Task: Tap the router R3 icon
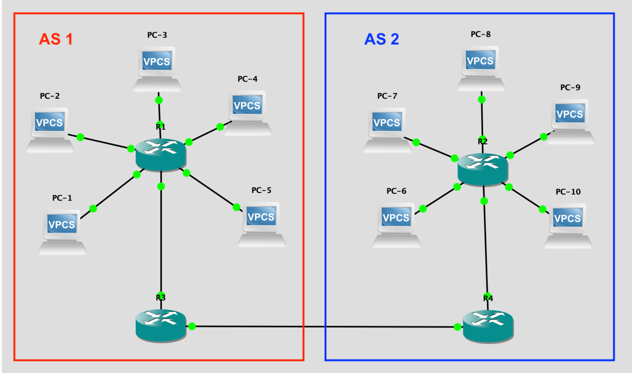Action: [161, 325]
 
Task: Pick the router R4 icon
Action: [488, 326]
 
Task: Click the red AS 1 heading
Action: [56, 39]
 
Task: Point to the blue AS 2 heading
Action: [382, 39]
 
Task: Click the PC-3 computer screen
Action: [157, 61]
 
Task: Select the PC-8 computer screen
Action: [480, 61]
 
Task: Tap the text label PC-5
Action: [261, 190]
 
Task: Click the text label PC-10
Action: [568, 192]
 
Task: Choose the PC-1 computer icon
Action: [62, 231]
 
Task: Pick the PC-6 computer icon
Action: [396, 224]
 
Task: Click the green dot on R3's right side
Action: [192, 326]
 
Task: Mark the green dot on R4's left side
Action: [457, 327]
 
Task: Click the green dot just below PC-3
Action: [159, 100]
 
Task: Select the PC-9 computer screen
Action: [569, 114]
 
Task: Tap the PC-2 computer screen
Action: [50, 122]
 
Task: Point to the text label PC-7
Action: [387, 96]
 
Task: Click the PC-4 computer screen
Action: [247, 106]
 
